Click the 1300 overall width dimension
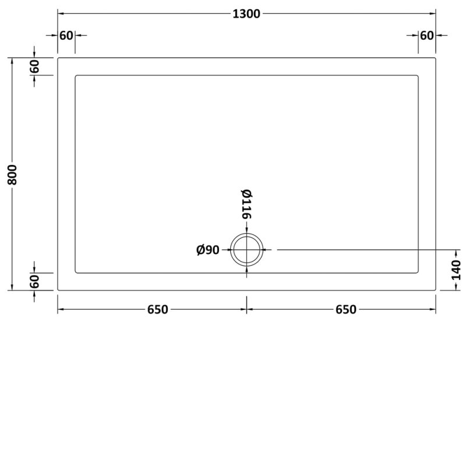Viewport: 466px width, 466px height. (x=247, y=14)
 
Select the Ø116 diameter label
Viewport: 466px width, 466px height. (x=246, y=204)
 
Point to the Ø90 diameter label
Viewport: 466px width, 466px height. (x=208, y=250)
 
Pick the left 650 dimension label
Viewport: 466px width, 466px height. (x=157, y=309)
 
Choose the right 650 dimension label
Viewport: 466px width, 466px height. (x=345, y=309)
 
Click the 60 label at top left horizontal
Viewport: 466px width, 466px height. (x=66, y=36)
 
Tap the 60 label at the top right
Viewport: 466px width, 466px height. (x=427, y=36)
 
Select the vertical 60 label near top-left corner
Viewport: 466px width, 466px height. (x=35, y=66)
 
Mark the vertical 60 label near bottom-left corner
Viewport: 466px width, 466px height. (x=35, y=281)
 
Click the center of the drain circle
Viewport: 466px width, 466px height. (x=247, y=249)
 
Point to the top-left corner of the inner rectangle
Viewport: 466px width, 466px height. (x=76, y=75)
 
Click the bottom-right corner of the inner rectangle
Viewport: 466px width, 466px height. (x=418, y=273)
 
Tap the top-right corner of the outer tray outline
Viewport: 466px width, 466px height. (x=436, y=58)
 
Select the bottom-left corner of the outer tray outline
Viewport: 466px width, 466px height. (x=58, y=290)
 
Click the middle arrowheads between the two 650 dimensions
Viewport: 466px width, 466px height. (x=247, y=309)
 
